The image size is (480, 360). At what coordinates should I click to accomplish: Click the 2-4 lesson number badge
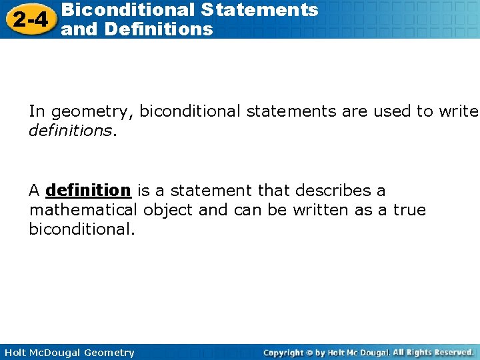pos(29,19)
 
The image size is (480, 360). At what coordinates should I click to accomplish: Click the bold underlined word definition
pos(88,191)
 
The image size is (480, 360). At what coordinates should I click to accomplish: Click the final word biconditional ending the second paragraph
pos(81,231)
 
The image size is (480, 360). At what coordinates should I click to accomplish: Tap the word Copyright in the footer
pos(283,353)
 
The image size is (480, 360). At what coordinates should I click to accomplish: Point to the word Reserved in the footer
pos(453,352)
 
